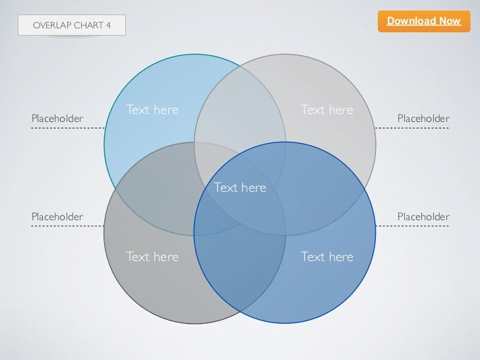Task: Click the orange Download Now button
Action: pos(423,21)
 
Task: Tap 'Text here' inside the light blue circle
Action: pos(152,109)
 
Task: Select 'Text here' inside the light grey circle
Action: pos(326,109)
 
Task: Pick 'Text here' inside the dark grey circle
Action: pos(152,256)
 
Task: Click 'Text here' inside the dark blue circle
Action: pos(326,256)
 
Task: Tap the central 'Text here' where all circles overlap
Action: pos(240,188)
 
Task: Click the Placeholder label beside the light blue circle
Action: pos(57,118)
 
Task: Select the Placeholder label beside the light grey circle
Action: pos(423,118)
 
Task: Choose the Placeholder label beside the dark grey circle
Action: pos(57,216)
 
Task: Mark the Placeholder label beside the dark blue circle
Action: pos(423,216)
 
